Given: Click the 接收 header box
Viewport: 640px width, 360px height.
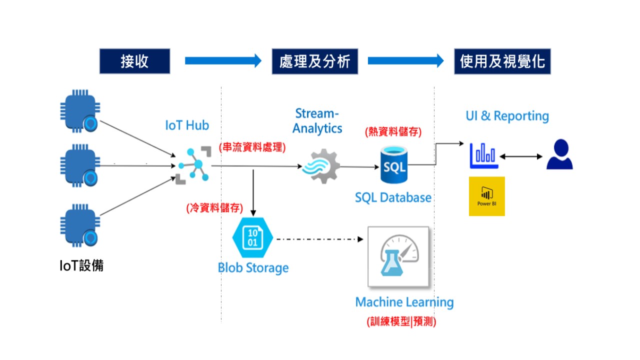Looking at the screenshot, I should pos(134,61).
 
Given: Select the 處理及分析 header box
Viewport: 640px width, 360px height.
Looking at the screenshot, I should pos(314,61).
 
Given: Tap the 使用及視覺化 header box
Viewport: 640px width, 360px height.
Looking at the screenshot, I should pos(502,61).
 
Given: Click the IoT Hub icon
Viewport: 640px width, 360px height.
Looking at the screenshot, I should pos(192,164).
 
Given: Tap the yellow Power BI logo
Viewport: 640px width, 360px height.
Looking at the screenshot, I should pos(486,196).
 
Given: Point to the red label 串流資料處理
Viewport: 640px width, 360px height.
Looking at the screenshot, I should pos(252,147).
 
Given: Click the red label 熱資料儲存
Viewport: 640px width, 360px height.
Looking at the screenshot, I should pos(394,132).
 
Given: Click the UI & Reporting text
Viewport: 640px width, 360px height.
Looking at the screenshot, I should pos(507,116).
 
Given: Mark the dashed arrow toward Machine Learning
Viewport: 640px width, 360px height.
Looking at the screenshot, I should pos(319,239).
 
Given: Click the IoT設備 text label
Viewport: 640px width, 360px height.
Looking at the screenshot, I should pos(81,265).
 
